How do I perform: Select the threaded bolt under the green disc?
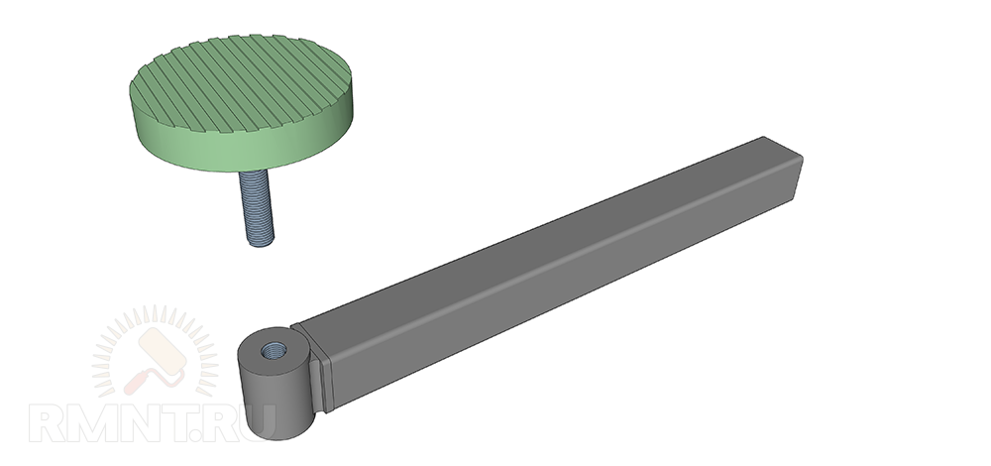tap(257, 207)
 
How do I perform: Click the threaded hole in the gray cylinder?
tap(274, 349)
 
